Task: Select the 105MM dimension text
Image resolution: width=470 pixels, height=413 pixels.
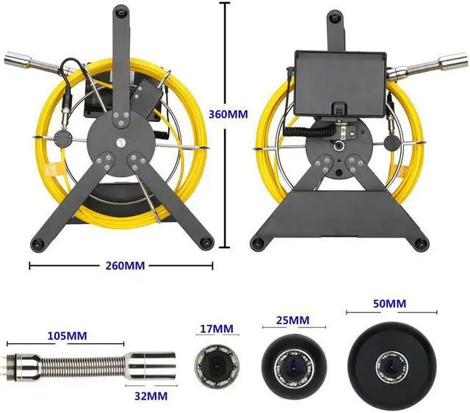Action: pyautogui.click(x=65, y=336)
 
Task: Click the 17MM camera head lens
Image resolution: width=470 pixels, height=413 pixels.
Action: pyautogui.click(x=214, y=363)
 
